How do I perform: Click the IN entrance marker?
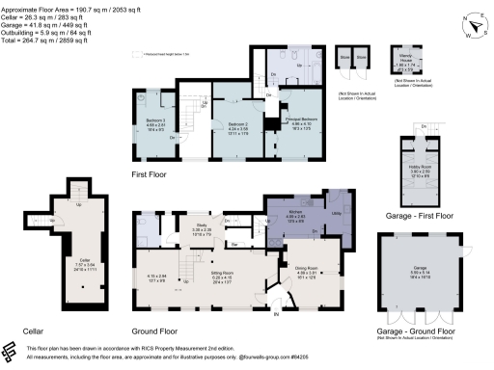(x=275, y=314)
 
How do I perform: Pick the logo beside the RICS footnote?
(x=10, y=352)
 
